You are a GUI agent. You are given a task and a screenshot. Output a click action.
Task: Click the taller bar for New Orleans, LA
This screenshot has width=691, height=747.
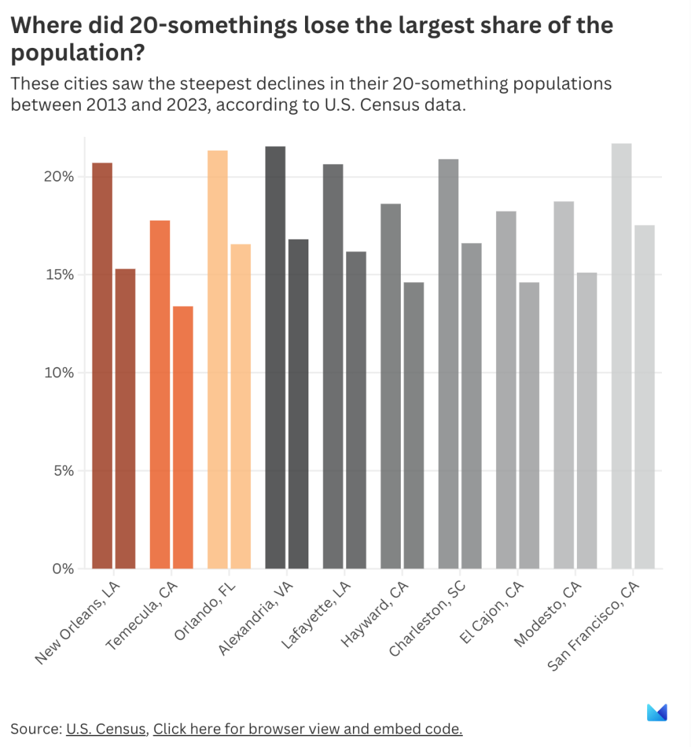click(x=102, y=365)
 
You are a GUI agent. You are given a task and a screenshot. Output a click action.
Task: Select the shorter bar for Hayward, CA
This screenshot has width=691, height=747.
click(x=414, y=425)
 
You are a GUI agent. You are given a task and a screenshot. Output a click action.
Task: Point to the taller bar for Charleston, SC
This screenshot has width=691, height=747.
click(x=449, y=364)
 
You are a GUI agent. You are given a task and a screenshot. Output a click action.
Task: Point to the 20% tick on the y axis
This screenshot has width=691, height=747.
click(x=59, y=177)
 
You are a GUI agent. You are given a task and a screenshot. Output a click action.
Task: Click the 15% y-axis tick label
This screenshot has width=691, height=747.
click(x=59, y=275)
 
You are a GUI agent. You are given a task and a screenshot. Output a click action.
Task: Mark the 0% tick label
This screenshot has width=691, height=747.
click(x=61, y=569)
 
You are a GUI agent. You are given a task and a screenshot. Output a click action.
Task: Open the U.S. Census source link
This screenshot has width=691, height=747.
click(x=106, y=729)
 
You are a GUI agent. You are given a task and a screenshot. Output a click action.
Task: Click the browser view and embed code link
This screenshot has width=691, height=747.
click(x=308, y=729)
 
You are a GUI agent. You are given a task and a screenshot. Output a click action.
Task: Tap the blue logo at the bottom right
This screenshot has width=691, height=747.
click(x=657, y=713)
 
